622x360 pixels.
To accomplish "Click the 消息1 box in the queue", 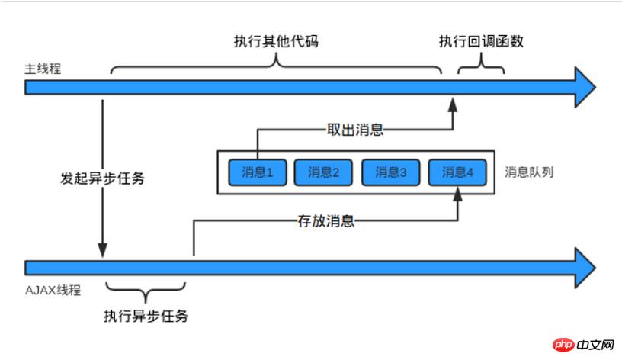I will click(x=257, y=172).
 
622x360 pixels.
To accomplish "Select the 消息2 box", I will click(x=323, y=172).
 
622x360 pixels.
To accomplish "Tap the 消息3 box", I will click(x=390, y=172).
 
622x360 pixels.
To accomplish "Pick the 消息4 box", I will click(x=457, y=172).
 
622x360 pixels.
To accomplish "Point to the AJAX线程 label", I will click(x=53, y=290).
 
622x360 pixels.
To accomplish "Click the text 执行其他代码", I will click(x=275, y=41).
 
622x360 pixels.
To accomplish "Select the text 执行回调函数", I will click(x=481, y=41).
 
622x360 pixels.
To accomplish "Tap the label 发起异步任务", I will click(x=102, y=179).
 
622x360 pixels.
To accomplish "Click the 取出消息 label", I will click(x=357, y=130).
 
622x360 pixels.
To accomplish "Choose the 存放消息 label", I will click(x=325, y=221).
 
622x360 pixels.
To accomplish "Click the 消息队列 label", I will click(x=529, y=172).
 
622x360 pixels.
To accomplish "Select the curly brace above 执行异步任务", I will click(x=146, y=288).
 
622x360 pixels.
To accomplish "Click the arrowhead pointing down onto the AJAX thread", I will click(x=102, y=251).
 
